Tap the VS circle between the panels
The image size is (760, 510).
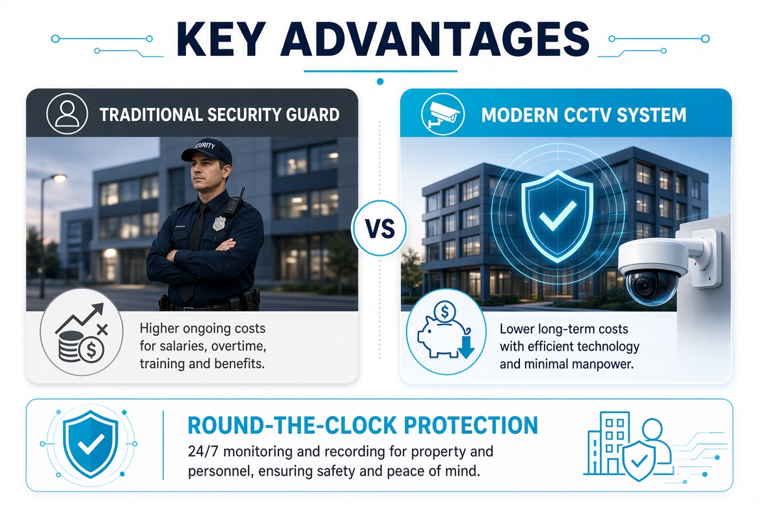coord(379,228)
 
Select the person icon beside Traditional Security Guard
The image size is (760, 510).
coord(67,114)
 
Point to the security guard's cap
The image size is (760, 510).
coord(206,151)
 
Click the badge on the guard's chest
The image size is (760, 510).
coord(219,223)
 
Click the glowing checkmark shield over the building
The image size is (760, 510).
coord(558,216)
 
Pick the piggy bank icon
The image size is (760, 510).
coord(445,331)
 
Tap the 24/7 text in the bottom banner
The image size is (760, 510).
coord(204,452)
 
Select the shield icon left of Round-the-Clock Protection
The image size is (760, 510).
coord(90,444)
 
